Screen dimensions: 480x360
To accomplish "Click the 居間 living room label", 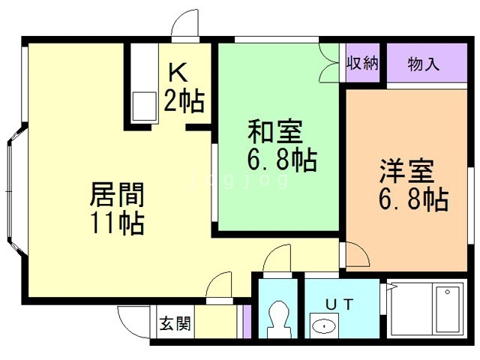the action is [117, 195].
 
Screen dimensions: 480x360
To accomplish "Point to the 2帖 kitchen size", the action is [184, 100].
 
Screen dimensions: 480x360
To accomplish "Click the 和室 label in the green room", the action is [275, 132].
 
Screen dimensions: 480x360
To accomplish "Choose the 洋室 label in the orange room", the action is [406, 171].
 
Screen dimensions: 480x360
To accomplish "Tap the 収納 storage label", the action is [362, 63].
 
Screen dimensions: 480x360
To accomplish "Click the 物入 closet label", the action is [423, 64].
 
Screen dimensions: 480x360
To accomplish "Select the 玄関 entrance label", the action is [175, 323].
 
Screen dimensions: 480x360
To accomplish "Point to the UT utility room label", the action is [340, 304].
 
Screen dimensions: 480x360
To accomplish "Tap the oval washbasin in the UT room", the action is [324, 326].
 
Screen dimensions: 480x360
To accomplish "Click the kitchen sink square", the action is [144, 106].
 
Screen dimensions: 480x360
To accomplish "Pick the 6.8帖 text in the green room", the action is [282, 160].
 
